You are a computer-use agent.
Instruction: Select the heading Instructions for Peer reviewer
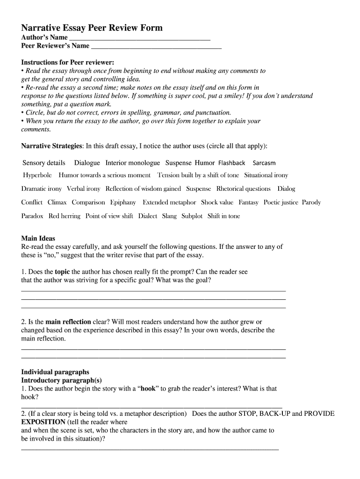point(68,63)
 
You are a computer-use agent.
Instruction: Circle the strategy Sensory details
point(44,163)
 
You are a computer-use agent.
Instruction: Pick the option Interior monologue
point(132,163)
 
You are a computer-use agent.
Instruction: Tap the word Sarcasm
point(264,163)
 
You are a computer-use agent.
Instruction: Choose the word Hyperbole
point(37,175)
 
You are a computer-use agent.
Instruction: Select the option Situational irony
point(266,175)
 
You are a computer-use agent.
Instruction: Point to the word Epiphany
point(123,203)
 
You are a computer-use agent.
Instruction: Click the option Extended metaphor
point(169,203)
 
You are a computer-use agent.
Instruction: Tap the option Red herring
point(64,216)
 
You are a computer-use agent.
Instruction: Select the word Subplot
point(192,216)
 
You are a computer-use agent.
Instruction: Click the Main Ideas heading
point(38,239)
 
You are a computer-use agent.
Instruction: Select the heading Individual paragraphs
point(55,372)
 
